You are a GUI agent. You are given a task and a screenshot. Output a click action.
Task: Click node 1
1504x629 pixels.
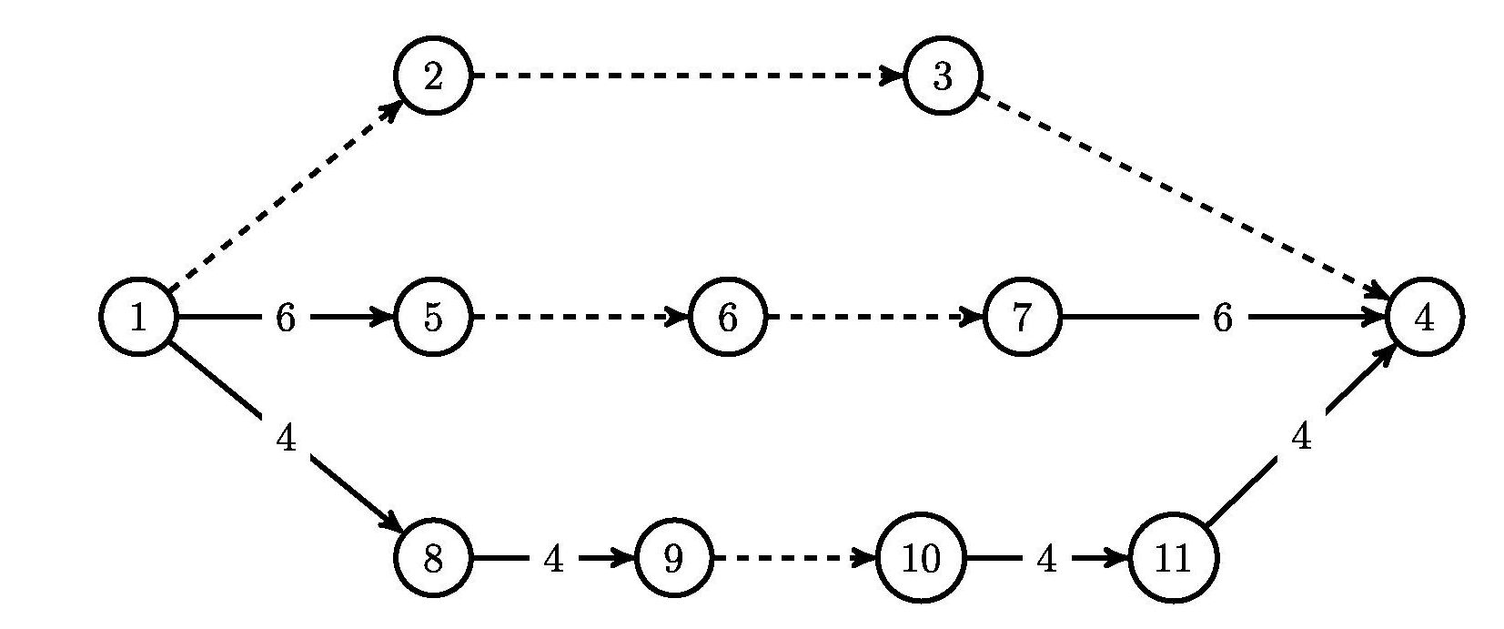coord(137,318)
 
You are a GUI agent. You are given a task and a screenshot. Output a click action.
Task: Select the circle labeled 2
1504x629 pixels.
coord(433,76)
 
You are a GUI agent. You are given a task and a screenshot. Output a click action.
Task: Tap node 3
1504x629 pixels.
coord(943,76)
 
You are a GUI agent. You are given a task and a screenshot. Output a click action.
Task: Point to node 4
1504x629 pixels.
coord(1424,318)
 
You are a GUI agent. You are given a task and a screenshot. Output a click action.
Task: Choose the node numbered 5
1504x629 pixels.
coord(433,318)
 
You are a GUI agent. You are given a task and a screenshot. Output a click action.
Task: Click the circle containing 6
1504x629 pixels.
coord(727,318)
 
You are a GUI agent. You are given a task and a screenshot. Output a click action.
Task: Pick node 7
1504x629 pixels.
coord(1022,318)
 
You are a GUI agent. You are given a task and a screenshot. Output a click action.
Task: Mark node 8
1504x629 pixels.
coord(433,558)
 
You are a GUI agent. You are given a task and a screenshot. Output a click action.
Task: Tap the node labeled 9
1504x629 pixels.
coord(672,558)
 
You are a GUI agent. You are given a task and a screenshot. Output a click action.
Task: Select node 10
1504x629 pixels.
coord(921,558)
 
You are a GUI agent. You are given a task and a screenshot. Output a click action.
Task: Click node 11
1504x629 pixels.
coord(1173,558)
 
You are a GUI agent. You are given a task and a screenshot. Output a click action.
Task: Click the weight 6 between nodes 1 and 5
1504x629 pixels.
coord(285,318)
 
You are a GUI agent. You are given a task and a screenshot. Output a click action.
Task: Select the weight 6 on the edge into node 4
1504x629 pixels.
coord(1222,318)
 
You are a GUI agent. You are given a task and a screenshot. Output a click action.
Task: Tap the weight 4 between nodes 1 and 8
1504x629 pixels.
coord(286,439)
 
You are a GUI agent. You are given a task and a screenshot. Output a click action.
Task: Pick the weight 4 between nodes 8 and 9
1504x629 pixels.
coord(552,558)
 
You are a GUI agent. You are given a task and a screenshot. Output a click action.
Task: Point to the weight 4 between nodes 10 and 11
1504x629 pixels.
coord(1046,558)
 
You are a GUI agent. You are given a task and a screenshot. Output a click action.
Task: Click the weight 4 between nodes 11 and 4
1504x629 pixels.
coord(1301,438)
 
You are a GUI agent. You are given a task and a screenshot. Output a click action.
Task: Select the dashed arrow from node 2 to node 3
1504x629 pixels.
coord(688,76)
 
